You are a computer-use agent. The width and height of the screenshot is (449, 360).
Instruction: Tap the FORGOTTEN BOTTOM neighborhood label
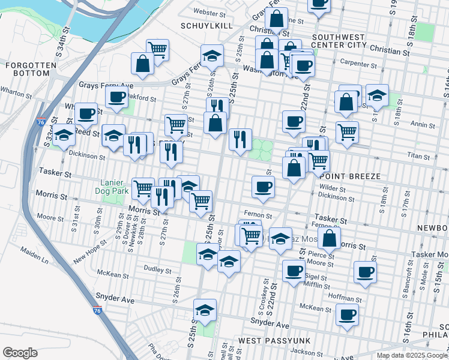[27, 68]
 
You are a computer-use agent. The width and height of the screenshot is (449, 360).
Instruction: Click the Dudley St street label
[158, 269]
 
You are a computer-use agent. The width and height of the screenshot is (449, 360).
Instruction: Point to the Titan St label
[424, 155]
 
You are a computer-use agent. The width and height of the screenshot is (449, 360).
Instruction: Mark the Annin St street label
[423, 125]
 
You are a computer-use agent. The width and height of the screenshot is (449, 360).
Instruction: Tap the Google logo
[20, 353]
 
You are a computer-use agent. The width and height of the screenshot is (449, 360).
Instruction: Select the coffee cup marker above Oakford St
[116, 96]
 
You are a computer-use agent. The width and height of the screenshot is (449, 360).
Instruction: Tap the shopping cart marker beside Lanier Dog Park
[143, 188]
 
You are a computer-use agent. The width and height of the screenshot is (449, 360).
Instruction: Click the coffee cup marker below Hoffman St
[347, 313]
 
